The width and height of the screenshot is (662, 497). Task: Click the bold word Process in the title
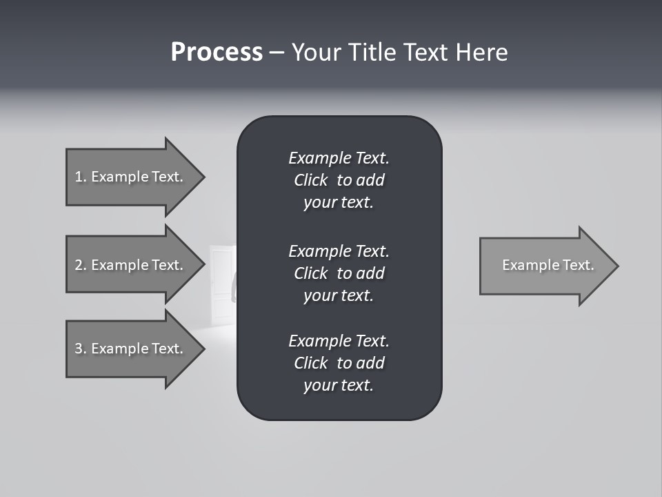point(217,52)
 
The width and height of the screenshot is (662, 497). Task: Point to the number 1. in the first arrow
point(81,177)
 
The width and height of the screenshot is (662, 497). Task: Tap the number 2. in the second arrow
point(81,265)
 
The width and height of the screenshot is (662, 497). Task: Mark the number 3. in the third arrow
point(81,349)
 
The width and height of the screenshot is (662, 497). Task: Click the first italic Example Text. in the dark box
point(339,158)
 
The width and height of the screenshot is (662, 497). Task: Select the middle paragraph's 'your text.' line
point(339,295)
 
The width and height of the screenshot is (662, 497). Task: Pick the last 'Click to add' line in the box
point(339,363)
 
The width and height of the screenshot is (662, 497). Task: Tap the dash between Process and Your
point(277,52)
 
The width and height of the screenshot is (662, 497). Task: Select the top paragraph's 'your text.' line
point(339,203)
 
